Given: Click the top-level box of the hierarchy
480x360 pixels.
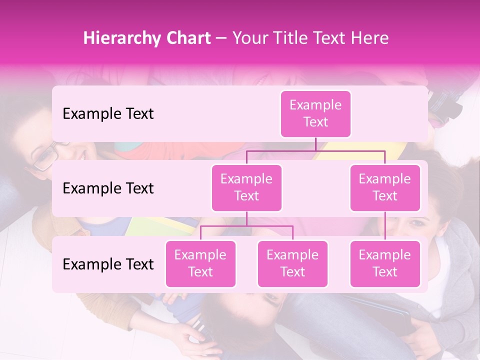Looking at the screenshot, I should coord(315,114).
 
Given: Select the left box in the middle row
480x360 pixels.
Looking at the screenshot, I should coord(246,187).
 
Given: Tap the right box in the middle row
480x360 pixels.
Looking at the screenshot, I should coord(385,187).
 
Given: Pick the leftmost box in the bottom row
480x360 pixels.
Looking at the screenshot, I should coord(200,263).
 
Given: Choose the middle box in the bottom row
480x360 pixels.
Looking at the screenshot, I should coord(292,263).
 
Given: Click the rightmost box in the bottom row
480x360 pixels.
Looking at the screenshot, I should coord(385,263).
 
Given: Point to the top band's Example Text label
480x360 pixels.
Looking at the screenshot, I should coord(108,114).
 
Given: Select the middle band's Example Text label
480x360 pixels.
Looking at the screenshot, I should coord(108,188).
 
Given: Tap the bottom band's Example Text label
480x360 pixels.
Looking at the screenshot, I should coord(108,264).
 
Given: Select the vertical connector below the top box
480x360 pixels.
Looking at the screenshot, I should coord(315,144).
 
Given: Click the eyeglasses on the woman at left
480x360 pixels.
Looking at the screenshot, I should coord(46,155).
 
